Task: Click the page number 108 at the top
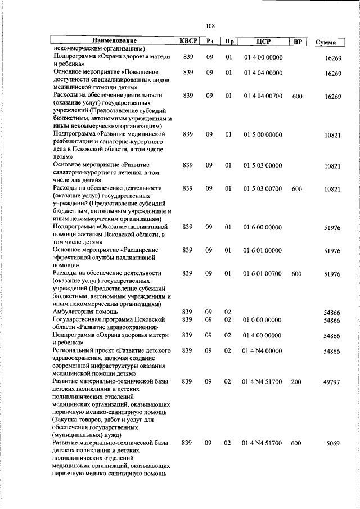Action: (210, 25)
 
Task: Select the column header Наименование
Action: (115, 41)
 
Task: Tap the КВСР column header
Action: (188, 41)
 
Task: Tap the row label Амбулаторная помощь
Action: (85, 311)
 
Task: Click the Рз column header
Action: (209, 41)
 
